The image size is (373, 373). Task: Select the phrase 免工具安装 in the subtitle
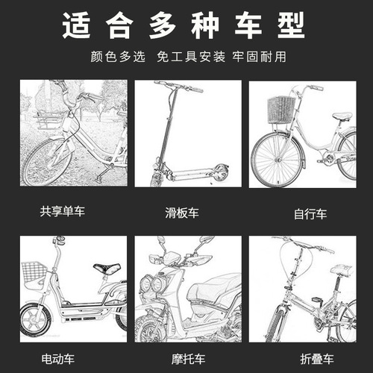click(186, 57)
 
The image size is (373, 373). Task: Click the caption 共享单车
click(63, 212)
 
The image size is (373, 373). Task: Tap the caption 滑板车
click(187, 212)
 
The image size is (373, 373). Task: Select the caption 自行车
click(310, 213)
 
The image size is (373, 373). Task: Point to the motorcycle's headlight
click(155, 286)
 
